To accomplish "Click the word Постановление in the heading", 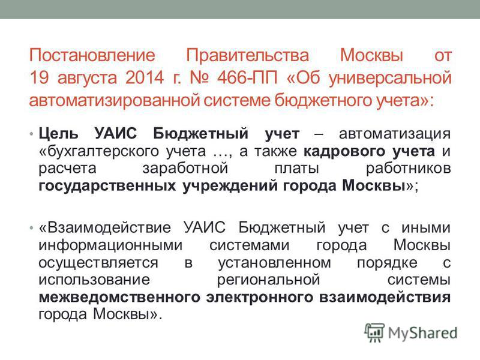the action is [92, 55].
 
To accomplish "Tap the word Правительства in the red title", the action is [248, 55].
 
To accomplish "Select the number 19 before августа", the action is [39, 77].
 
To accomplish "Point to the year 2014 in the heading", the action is [145, 77].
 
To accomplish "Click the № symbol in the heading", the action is [200, 77].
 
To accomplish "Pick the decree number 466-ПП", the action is [247, 77].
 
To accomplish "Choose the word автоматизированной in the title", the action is [115, 100].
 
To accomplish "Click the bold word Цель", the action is [58, 134].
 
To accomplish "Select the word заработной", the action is [185, 169].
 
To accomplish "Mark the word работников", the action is [409, 169].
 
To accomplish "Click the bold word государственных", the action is [107, 186].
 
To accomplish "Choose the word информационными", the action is [110, 245].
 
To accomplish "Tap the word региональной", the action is [268, 280].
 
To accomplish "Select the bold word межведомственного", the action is [119, 298].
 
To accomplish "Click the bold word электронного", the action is [260, 298].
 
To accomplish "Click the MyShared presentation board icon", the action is [374, 332].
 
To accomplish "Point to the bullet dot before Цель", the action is [31, 134].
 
